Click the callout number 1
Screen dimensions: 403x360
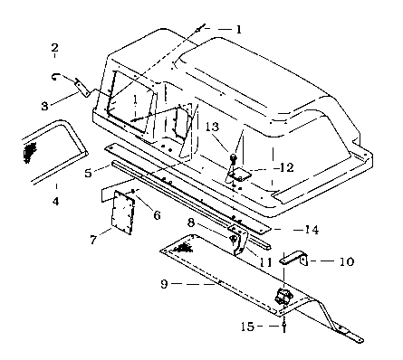[x=238, y=29]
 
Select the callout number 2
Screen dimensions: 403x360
[x=54, y=48]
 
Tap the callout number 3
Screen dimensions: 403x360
[x=44, y=106]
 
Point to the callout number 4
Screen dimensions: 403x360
[x=56, y=201]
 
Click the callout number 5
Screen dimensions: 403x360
[x=88, y=173]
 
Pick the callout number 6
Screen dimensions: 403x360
[x=157, y=215]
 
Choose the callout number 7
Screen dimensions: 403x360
[x=93, y=240]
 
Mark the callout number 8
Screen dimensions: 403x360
[x=191, y=223]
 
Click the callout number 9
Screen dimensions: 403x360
[x=164, y=284]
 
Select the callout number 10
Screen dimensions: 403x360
[x=347, y=261]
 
